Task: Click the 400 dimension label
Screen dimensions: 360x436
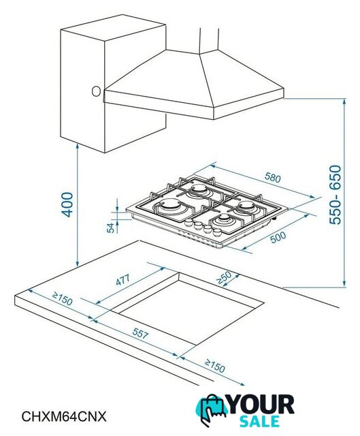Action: tap(67, 204)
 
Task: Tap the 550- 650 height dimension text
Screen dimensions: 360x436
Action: tap(335, 195)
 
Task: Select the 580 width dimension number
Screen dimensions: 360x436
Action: tap(273, 178)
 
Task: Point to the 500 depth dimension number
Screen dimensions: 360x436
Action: tap(278, 238)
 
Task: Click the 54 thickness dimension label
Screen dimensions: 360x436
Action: tap(110, 228)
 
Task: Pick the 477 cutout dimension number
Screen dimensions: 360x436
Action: tap(122, 280)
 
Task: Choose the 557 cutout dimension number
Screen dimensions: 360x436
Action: tap(140, 333)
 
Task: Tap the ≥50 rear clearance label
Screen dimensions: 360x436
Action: tap(224, 277)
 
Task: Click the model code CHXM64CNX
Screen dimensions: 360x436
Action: tap(64, 416)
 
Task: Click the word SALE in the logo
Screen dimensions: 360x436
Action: tap(259, 421)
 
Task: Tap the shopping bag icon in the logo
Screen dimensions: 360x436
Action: tap(212, 409)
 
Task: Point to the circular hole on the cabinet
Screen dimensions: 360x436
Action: tap(96, 91)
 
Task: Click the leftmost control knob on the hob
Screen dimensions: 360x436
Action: tap(189, 223)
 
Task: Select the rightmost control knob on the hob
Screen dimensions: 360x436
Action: tap(216, 232)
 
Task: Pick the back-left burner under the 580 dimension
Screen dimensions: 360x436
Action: tap(199, 191)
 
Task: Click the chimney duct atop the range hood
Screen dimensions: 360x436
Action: tap(209, 40)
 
